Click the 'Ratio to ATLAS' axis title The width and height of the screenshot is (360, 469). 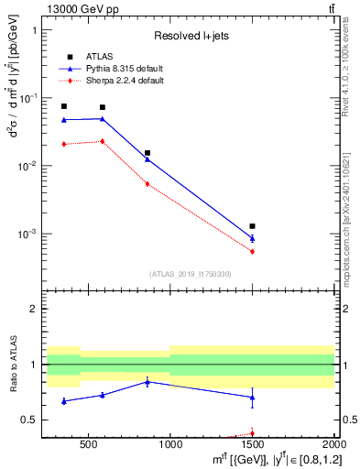(x=15, y=365)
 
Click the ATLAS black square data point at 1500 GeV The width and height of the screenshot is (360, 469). (x=252, y=225)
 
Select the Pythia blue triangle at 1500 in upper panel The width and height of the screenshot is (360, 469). (x=252, y=238)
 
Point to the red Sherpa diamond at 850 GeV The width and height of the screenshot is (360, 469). (x=147, y=184)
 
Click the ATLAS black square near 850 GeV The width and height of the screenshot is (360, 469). (x=147, y=153)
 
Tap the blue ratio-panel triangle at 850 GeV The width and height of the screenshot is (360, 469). (x=147, y=381)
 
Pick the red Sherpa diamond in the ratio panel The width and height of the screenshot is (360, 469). (x=252, y=434)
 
